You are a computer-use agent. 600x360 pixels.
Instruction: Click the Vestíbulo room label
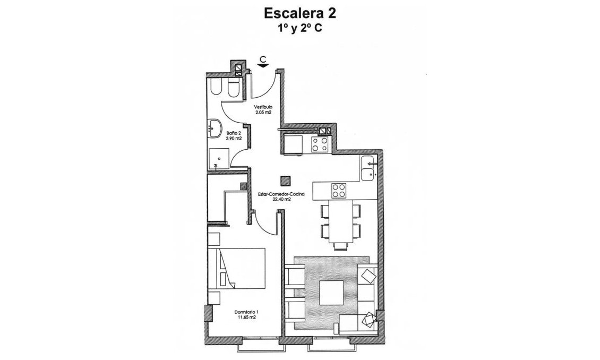click(x=263, y=107)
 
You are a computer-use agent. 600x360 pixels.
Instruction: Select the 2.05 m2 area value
click(x=263, y=113)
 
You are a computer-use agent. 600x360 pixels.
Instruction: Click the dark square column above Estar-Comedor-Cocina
click(x=286, y=180)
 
